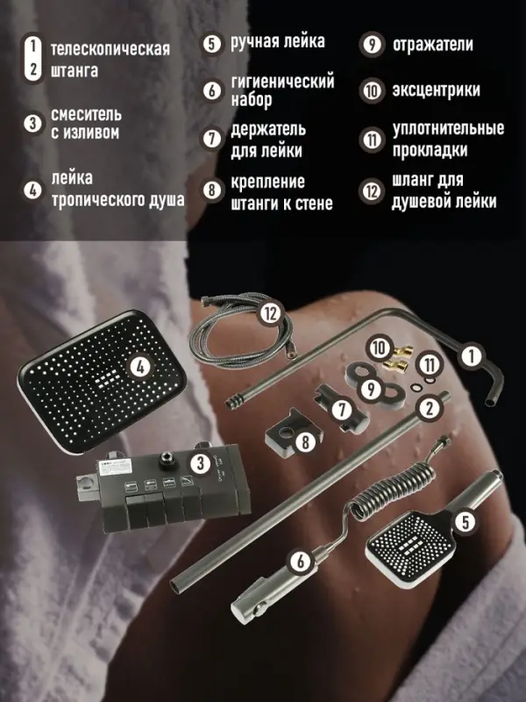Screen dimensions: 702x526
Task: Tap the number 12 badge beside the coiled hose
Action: coord(270,313)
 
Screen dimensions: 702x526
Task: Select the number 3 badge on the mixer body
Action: coord(201,462)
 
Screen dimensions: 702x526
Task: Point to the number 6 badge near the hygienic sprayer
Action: coord(302,560)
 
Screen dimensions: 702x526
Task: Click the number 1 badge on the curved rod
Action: coord(471,355)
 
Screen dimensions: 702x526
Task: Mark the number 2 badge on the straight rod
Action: coord(429,407)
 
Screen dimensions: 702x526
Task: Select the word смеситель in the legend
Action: coord(86,115)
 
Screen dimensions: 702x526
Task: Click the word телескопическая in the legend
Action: coord(110,49)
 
